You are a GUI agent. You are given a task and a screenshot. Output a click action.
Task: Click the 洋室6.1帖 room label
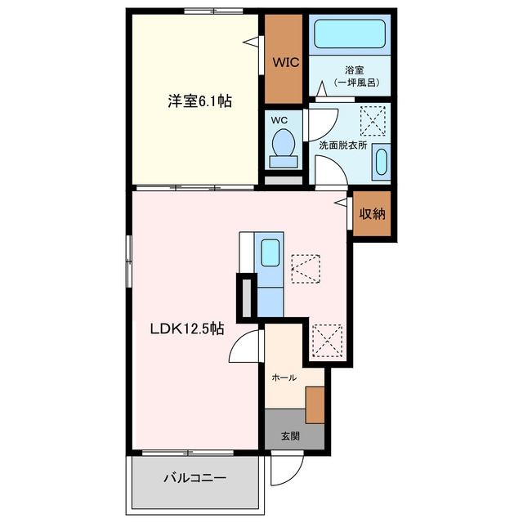(199, 101)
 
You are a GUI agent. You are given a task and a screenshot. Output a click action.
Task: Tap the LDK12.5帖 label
(187, 329)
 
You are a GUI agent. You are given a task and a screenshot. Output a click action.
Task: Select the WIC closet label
(286, 62)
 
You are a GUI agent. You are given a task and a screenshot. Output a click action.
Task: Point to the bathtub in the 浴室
(350, 34)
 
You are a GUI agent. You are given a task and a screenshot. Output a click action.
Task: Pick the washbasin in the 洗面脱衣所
(382, 162)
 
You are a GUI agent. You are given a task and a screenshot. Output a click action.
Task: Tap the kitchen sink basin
(270, 253)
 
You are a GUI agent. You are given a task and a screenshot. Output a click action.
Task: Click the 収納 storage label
(373, 213)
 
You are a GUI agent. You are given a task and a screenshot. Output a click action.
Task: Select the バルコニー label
(194, 478)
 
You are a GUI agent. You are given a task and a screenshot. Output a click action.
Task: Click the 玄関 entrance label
(290, 436)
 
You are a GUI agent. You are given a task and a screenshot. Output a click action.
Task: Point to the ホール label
(284, 378)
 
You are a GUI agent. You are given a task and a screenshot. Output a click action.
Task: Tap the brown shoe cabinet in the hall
(315, 405)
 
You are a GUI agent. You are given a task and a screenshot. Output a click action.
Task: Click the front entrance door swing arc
(293, 477)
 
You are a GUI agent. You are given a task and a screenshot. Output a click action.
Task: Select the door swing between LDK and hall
(238, 340)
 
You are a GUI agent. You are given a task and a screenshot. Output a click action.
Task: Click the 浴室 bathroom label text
(354, 70)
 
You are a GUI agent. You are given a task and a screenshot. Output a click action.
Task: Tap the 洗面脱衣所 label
(343, 145)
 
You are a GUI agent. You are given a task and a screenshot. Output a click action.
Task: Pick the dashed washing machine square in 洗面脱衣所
(373, 121)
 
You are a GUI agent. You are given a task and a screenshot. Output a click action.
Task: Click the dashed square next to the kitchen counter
(306, 269)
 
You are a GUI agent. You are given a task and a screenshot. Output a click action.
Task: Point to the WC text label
(279, 120)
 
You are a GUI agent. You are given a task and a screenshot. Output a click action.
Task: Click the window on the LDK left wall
(129, 261)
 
